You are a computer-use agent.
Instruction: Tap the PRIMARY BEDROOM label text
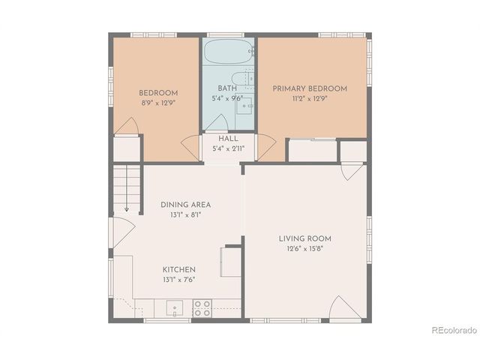310,88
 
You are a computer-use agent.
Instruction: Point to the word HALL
228,139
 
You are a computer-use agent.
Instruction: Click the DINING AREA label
185,204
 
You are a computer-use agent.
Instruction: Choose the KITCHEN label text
179,269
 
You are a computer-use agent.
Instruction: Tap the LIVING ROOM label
304,238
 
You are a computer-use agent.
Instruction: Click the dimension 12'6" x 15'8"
304,249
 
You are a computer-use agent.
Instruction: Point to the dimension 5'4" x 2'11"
228,148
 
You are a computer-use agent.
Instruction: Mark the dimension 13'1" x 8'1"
185,214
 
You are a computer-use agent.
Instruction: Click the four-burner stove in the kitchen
202,307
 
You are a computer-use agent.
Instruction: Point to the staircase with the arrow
127,187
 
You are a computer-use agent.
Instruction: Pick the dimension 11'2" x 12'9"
310,98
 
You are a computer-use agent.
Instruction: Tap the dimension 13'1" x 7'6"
179,280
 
